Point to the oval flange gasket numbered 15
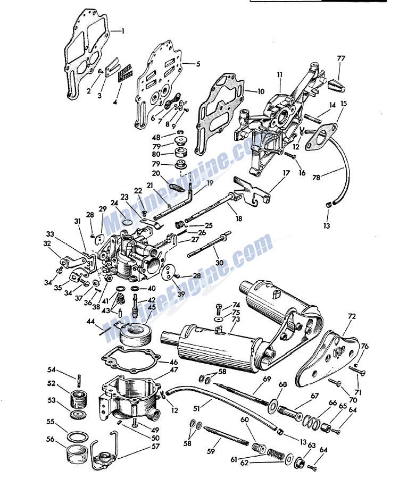[323, 133]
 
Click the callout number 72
[351, 316]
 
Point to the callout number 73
[236, 319]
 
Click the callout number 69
[267, 378]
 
